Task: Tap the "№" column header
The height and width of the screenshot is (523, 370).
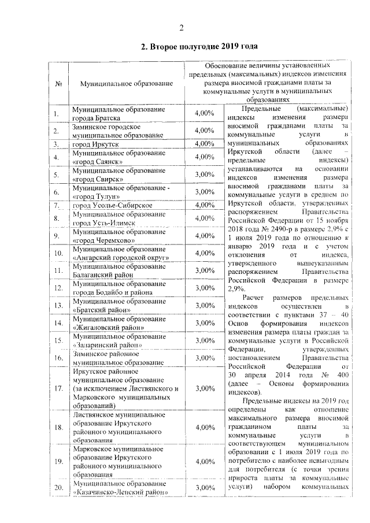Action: (x=58, y=84)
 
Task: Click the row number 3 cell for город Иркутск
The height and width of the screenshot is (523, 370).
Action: (x=58, y=144)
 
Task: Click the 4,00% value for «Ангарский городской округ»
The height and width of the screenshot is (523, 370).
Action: (x=205, y=253)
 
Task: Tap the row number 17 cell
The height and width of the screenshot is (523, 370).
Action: (x=58, y=388)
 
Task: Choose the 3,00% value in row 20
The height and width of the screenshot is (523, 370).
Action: (x=205, y=488)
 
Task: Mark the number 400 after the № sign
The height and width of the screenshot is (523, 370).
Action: (x=342, y=374)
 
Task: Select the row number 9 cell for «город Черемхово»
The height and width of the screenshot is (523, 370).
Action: (x=58, y=236)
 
